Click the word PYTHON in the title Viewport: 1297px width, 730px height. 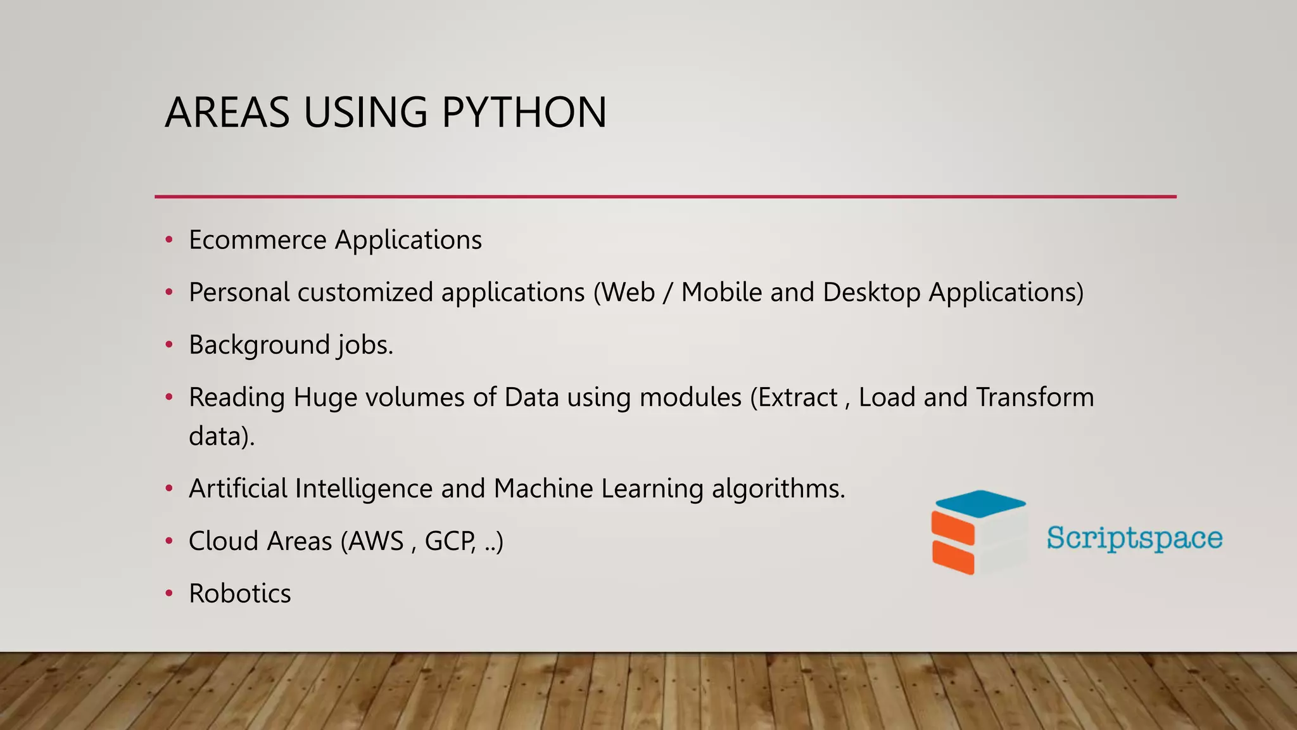(x=524, y=113)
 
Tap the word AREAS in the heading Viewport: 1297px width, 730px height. (x=227, y=113)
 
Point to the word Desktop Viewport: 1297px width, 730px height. (x=871, y=292)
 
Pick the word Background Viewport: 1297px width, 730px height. (x=258, y=345)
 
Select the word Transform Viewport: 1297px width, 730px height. (x=1035, y=397)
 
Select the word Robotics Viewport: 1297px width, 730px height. (x=240, y=594)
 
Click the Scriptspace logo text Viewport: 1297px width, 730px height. (x=1134, y=538)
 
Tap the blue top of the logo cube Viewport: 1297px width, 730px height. (x=980, y=503)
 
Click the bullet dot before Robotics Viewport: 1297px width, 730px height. (x=169, y=594)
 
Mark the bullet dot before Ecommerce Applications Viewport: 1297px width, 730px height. (x=169, y=240)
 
